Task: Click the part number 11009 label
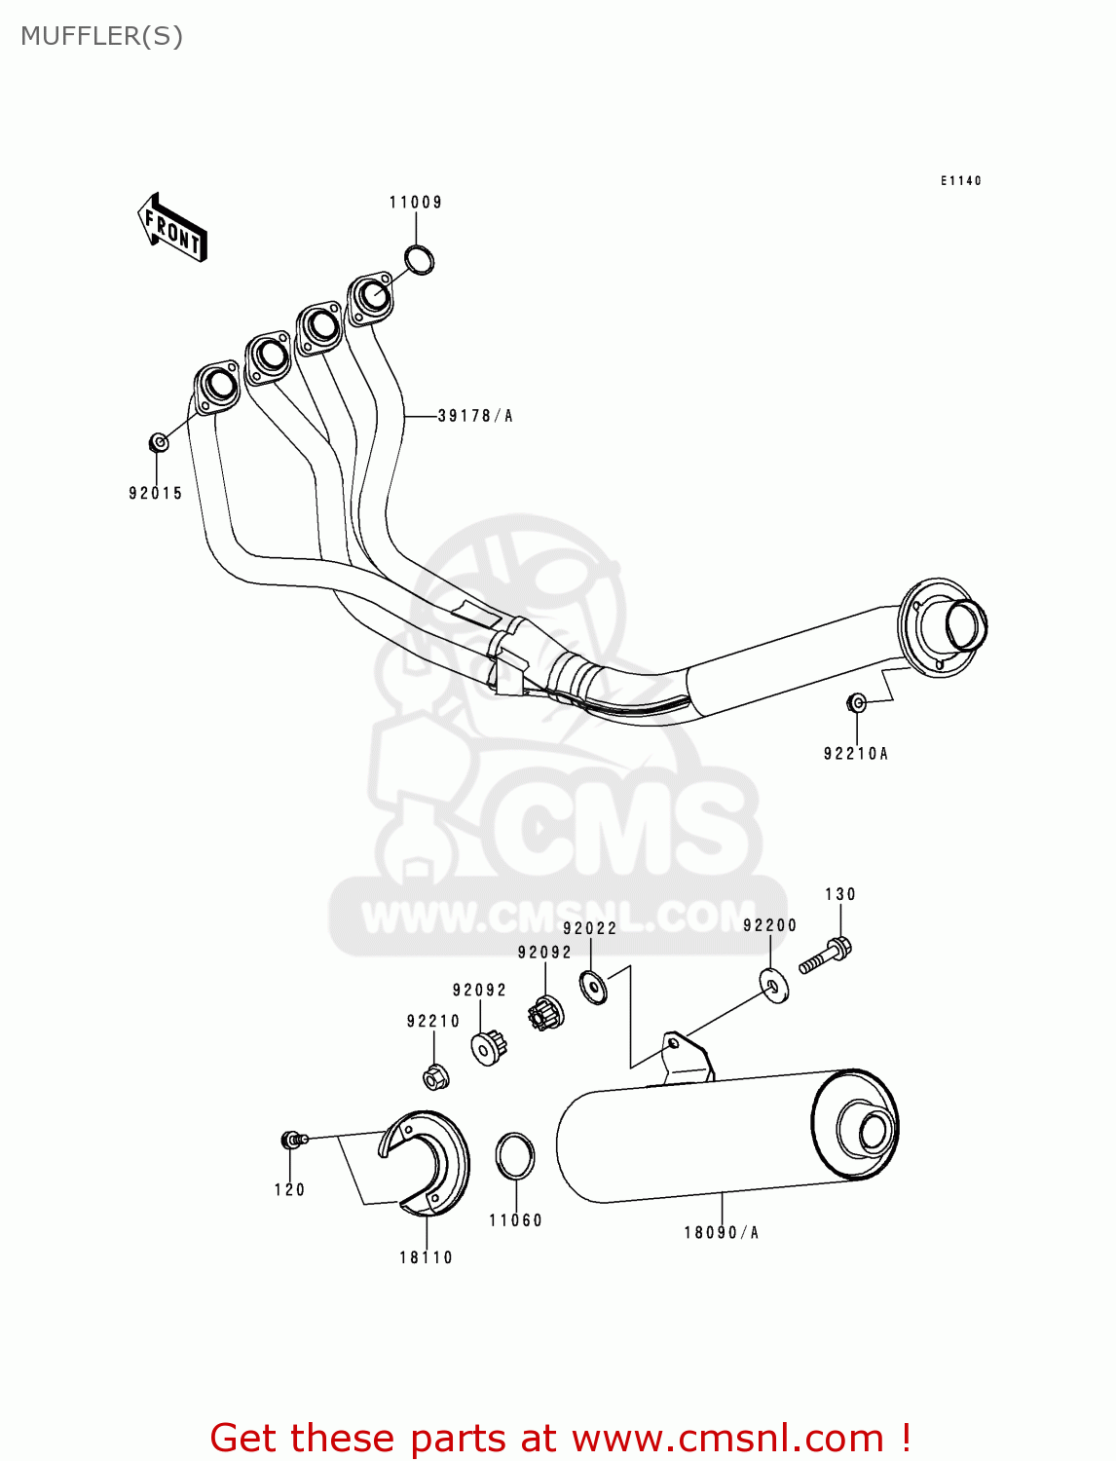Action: [416, 203]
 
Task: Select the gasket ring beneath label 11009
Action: [420, 260]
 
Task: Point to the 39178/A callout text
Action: [475, 416]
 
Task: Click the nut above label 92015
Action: [159, 443]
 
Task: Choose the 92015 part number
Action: [156, 493]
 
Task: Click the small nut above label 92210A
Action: [856, 702]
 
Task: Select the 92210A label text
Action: [856, 753]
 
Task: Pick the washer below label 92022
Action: [593, 987]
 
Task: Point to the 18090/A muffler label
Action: [721, 1232]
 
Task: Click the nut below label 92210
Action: [435, 1078]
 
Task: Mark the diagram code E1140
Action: [961, 181]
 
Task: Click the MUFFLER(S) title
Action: [102, 36]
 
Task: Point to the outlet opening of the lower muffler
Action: [873, 1133]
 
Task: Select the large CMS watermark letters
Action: [623, 828]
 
